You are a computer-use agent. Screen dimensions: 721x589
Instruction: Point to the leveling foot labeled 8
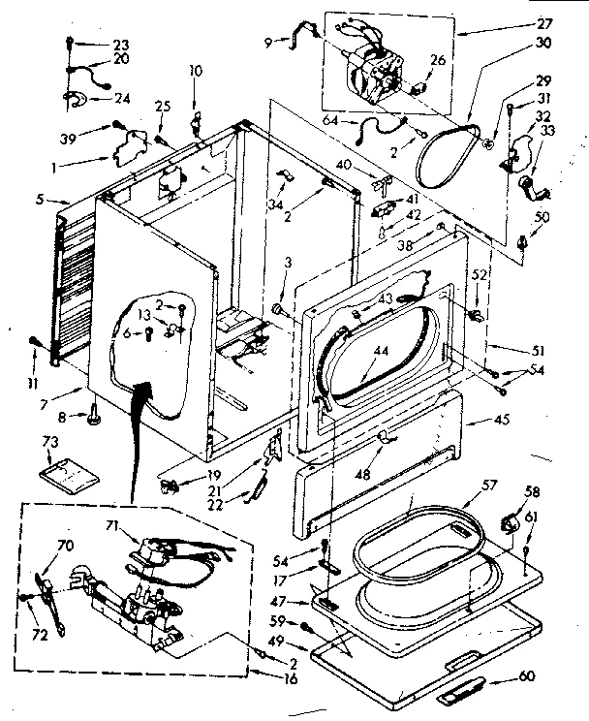point(95,416)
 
